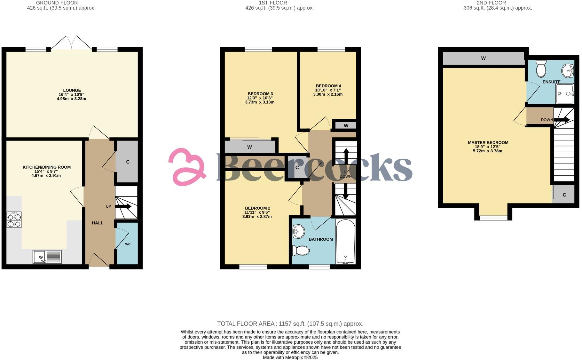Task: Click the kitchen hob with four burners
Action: [14, 220]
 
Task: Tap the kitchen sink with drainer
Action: [47, 257]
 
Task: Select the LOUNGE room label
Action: [72, 90]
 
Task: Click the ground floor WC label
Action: [128, 244]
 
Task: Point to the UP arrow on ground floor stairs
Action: [123, 207]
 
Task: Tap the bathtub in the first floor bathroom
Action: [345, 242]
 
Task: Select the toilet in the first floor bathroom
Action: [301, 250]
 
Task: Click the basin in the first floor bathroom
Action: [299, 230]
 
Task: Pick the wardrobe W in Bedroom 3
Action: [249, 147]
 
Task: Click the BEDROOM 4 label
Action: [328, 86]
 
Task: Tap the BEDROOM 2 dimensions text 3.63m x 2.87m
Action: [257, 217]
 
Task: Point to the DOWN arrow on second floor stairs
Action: [562, 120]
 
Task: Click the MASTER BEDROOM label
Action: [488, 143]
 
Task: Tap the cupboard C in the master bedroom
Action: [564, 195]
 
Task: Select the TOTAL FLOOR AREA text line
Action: [290, 324]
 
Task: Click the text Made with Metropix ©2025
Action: [290, 357]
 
